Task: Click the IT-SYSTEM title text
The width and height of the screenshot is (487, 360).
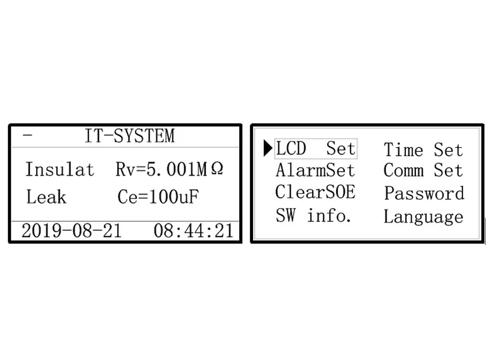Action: [x=129, y=136]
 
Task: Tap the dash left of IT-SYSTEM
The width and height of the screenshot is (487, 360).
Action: [x=27, y=135]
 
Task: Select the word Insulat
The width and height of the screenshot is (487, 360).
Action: [x=59, y=170]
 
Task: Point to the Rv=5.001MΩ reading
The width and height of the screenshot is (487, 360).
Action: [x=169, y=170]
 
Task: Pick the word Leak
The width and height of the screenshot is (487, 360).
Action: [x=46, y=197]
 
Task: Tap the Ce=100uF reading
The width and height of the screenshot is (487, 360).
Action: [x=159, y=197]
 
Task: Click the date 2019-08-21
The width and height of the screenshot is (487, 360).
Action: [x=71, y=231]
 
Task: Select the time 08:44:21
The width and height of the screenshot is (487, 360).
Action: [x=194, y=231]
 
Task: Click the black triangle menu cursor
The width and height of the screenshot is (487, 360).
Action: [x=268, y=149]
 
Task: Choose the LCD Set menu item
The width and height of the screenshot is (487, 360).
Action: [x=316, y=149]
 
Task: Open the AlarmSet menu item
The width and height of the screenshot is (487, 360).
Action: [x=316, y=171]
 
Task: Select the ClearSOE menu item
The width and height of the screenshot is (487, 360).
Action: [x=316, y=192]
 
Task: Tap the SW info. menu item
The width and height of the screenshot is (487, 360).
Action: [x=314, y=215]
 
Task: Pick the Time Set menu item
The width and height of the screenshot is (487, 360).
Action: [x=423, y=150]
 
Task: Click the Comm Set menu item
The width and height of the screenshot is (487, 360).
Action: [x=423, y=171]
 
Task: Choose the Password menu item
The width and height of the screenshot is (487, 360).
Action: [x=424, y=193]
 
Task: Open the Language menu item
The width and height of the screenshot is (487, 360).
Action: [x=423, y=216]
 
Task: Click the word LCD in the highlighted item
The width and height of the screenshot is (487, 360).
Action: [x=291, y=149]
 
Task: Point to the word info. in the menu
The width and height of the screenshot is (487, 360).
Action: [x=329, y=215]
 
